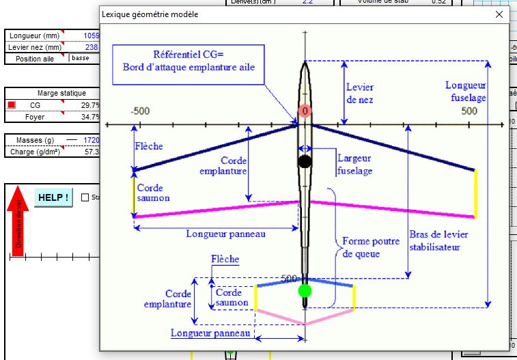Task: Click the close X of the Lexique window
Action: pyautogui.click(x=499, y=14)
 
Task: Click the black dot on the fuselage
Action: pyautogui.click(x=305, y=161)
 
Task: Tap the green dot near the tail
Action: pyautogui.click(x=305, y=291)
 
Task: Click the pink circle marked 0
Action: pyautogui.click(x=305, y=111)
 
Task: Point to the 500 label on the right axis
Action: pyautogui.click(x=469, y=111)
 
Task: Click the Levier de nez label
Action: pyautogui.click(x=360, y=94)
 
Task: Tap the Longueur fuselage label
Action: pyautogui.click(x=466, y=92)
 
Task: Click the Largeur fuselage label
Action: pyautogui.click(x=354, y=165)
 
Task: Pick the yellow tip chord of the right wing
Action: pyautogui.click(x=475, y=194)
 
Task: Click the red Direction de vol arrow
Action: pyautogui.click(x=18, y=222)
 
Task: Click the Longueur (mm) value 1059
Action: pyautogui.click(x=92, y=36)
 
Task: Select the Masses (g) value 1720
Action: pyautogui.click(x=92, y=140)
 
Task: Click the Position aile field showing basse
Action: pyautogui.click(x=83, y=58)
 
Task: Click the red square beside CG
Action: pyautogui.click(x=12, y=105)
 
